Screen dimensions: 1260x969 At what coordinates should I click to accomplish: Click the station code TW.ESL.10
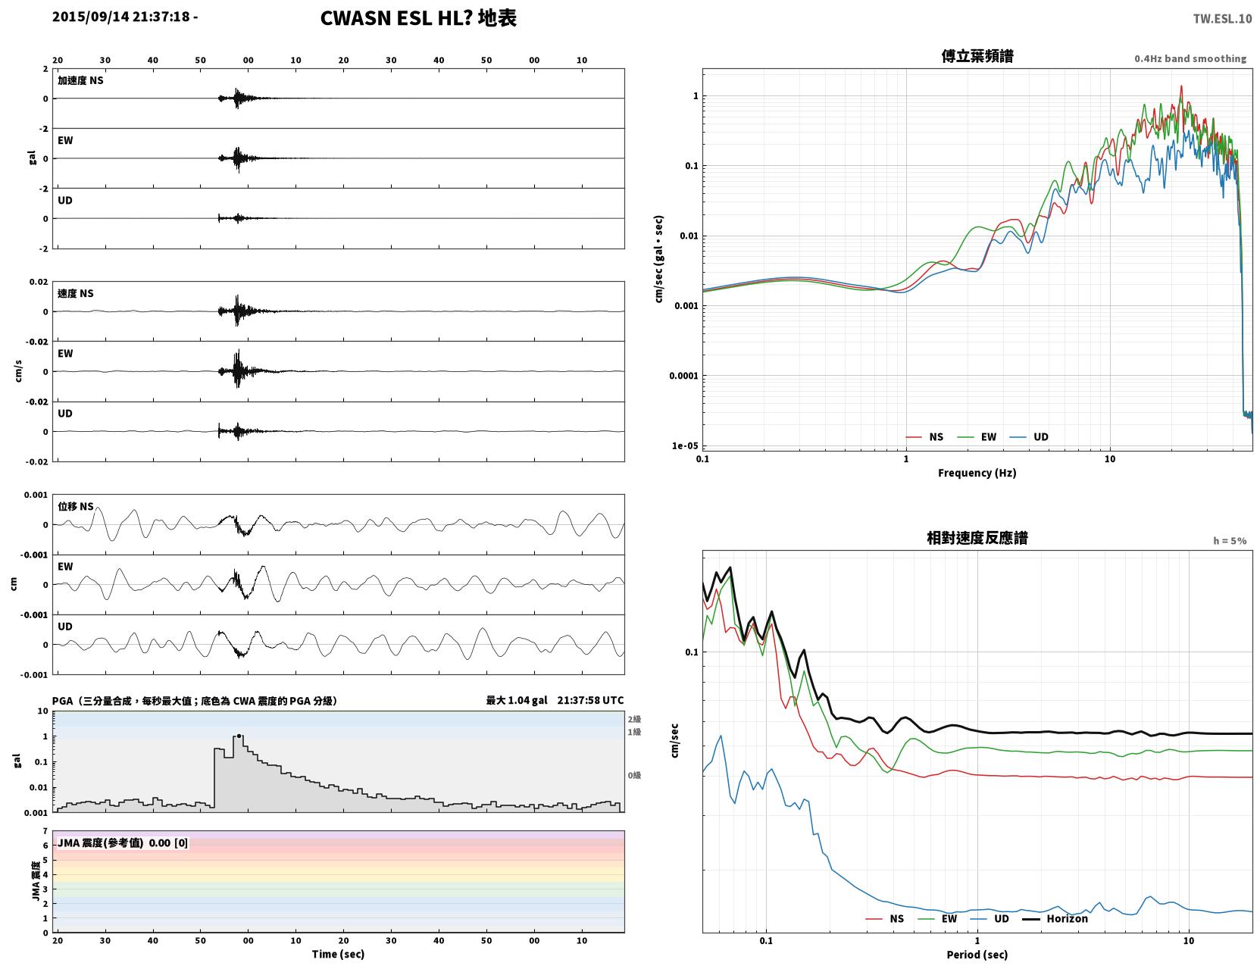click(1221, 18)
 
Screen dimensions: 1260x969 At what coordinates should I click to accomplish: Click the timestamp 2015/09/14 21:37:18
click(121, 17)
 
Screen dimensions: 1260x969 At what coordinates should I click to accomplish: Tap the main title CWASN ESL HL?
click(396, 18)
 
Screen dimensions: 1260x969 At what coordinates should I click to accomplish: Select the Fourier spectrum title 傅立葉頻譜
click(977, 56)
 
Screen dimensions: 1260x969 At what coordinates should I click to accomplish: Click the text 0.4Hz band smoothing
click(1190, 58)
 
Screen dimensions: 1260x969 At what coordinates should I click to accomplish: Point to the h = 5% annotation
click(1229, 541)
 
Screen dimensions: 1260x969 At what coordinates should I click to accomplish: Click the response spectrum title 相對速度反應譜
click(977, 538)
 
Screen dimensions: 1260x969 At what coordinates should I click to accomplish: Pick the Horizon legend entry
click(1055, 918)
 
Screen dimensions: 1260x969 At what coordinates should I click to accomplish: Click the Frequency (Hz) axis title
click(977, 473)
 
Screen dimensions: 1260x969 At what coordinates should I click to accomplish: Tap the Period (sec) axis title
click(977, 955)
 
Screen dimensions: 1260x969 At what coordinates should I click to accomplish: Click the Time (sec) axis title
click(338, 954)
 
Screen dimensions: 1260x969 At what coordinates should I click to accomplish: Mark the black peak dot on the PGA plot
click(239, 736)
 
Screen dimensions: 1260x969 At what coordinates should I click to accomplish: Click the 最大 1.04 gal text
click(516, 700)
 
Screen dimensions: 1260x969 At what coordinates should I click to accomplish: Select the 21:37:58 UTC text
click(590, 700)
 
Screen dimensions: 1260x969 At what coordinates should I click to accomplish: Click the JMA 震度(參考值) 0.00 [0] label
click(123, 842)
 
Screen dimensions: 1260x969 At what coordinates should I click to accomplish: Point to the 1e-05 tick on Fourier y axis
click(685, 445)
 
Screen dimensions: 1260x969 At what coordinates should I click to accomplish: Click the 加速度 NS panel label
click(80, 80)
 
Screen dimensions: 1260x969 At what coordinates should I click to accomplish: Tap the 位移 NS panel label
click(75, 506)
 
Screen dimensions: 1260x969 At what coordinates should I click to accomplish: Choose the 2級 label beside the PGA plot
click(634, 719)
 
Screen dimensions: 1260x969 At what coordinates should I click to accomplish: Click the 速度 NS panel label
click(75, 293)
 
